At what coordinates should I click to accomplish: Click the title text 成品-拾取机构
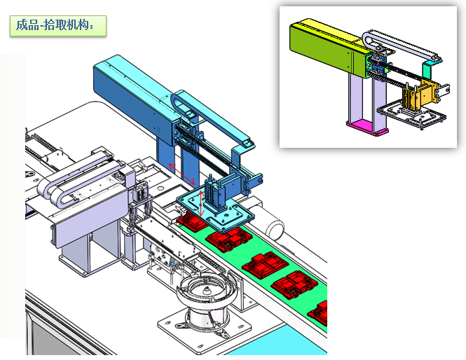coord(55,25)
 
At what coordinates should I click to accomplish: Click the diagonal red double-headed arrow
coord(181,174)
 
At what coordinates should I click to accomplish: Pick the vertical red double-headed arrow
coord(201,204)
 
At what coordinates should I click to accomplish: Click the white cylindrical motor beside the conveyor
coord(273,223)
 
